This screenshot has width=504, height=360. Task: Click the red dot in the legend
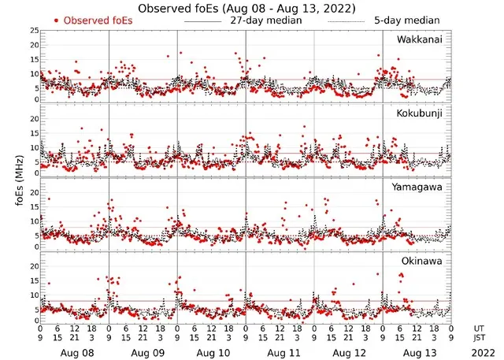click(56, 20)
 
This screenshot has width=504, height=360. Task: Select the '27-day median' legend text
click(265, 20)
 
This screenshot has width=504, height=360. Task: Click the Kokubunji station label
click(421, 113)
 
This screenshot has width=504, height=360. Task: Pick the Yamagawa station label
click(418, 187)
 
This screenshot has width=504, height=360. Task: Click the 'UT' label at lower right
click(479, 328)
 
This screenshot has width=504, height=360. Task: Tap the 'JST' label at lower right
click(480, 339)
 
